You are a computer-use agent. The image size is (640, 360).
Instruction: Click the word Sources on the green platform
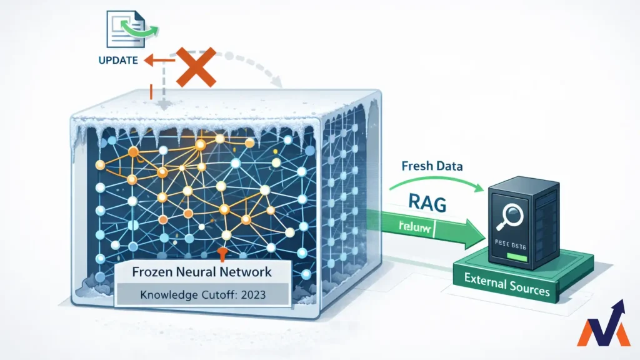pos(527,291)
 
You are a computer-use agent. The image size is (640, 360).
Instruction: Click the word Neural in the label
pos(199,273)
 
